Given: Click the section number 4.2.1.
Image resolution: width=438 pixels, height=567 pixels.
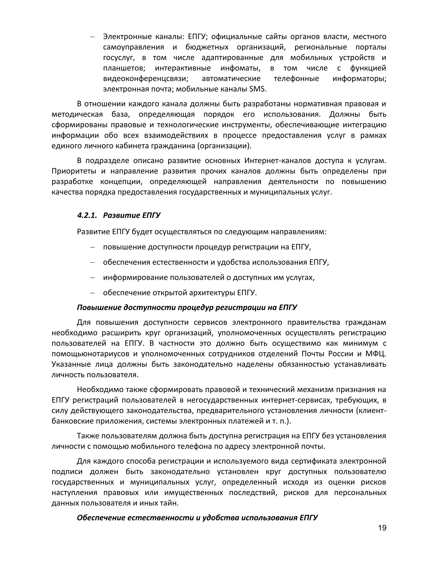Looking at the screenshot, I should tap(87, 215).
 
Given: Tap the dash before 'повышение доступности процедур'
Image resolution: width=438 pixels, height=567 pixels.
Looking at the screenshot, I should tap(92, 247).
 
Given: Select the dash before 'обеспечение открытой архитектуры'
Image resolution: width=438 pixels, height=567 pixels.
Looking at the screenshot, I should tap(92, 293).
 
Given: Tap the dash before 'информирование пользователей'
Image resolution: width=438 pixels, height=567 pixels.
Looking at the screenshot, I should tap(92, 278).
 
